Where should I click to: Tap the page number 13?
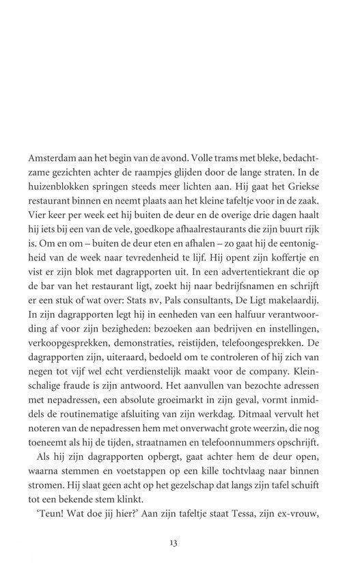click(x=173, y=562)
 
